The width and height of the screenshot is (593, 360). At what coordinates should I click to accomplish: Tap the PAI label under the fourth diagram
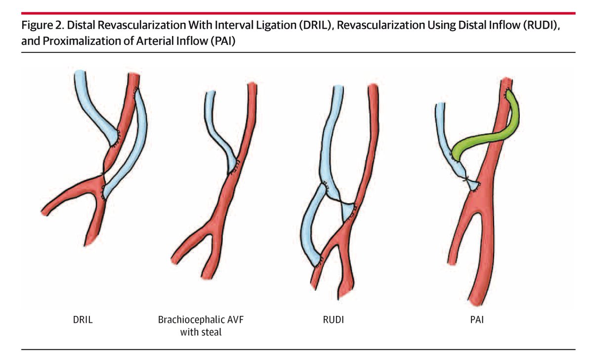[x=478, y=320]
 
